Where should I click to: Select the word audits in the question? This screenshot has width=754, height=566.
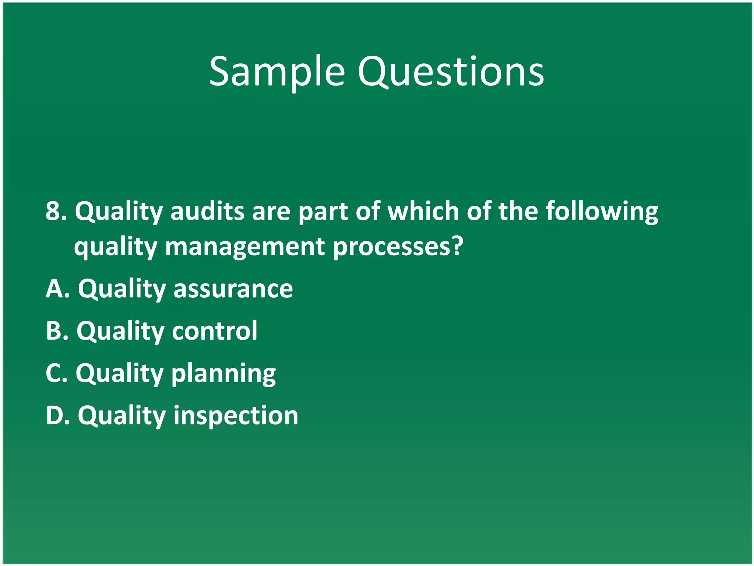pos(207,211)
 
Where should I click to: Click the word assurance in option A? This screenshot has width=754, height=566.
pos(233,289)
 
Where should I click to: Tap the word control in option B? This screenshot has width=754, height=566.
pos(215,331)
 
